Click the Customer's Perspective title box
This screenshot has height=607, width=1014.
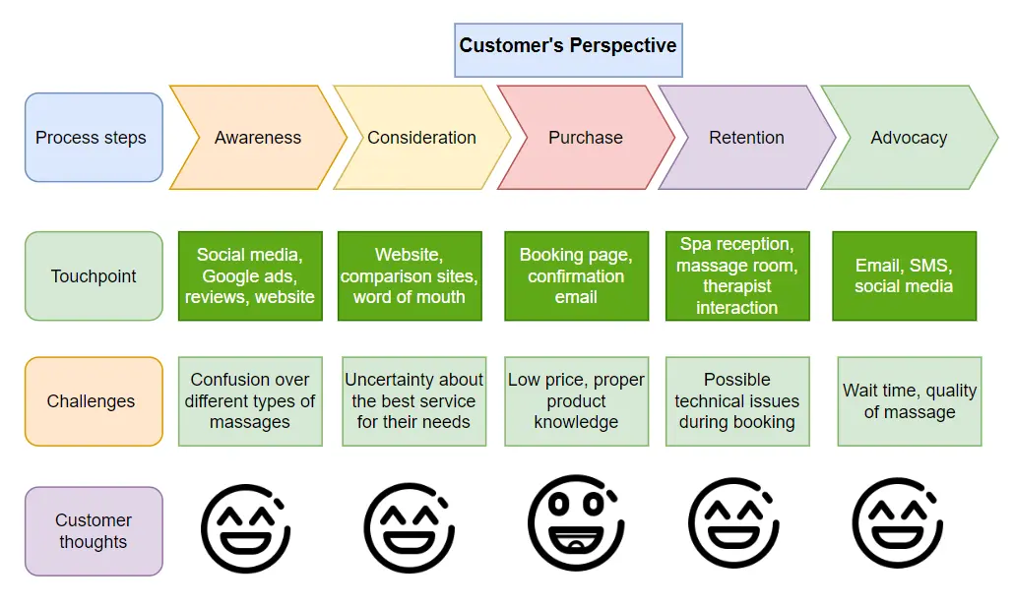(x=568, y=46)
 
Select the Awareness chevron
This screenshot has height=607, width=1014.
(x=258, y=138)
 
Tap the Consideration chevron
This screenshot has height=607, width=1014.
(x=421, y=138)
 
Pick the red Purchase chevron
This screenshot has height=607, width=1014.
(x=586, y=138)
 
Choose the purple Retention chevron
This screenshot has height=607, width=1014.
(x=746, y=138)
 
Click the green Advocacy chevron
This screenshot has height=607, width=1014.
(x=909, y=138)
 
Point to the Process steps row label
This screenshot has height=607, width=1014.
(x=93, y=138)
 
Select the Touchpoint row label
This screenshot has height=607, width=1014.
(x=93, y=276)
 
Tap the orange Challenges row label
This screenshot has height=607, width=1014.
(x=93, y=401)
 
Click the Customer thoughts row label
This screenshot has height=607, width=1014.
(x=93, y=531)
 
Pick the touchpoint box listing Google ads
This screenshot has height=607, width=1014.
(x=250, y=276)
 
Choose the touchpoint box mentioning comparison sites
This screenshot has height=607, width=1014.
(x=410, y=276)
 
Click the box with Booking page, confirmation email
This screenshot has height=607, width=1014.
(x=576, y=276)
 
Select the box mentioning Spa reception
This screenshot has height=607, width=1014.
(x=737, y=276)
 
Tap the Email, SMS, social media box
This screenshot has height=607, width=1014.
(x=904, y=276)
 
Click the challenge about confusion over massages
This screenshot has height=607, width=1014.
(x=250, y=401)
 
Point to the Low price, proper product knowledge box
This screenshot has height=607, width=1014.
(x=576, y=401)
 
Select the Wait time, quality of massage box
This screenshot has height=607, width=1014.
(x=910, y=401)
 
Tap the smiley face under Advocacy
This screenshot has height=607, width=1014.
(x=898, y=523)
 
